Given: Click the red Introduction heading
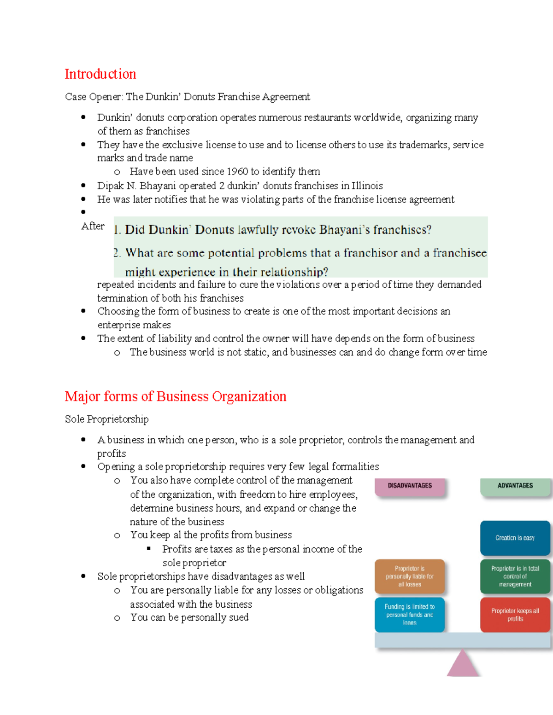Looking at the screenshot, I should [100, 74].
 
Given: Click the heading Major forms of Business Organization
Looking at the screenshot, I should [175, 396].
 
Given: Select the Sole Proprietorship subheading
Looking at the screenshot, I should [106, 419].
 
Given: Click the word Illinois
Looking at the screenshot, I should [367, 186].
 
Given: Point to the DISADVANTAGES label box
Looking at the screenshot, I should [410, 486].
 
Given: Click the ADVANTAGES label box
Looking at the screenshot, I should [515, 486].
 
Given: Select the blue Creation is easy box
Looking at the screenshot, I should [515, 538].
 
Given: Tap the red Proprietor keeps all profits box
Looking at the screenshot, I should [515, 615].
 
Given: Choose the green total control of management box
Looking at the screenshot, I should [515, 576].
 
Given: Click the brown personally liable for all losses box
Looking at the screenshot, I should [410, 576].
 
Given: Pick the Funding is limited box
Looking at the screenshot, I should [410, 615].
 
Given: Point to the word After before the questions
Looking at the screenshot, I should [93, 226].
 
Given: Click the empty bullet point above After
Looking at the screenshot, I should [83, 212].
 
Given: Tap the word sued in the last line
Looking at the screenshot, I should [238, 617].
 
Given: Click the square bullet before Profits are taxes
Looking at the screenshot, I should [149, 548].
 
